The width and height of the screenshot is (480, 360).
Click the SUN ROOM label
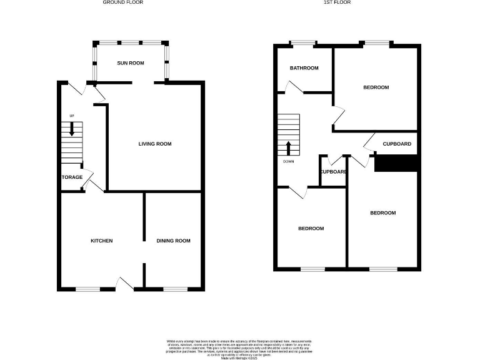pos(131,63)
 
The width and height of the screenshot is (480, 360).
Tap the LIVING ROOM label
pos(155,144)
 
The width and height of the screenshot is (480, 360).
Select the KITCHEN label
pos(102,241)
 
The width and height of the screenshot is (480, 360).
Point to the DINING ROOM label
pos(174,241)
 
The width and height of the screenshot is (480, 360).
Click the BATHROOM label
pos(304,68)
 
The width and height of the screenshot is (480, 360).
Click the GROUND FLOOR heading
pos(123,2)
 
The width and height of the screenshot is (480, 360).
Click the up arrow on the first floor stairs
pos(289,149)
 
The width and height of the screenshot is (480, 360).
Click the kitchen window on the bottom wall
pos(88,289)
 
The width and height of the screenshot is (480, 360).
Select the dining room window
pos(176,289)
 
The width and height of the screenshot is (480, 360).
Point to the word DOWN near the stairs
pos(288,161)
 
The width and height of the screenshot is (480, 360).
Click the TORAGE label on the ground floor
pos(72,177)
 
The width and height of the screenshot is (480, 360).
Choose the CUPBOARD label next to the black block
pos(396,144)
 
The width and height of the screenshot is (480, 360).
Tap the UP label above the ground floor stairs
pos(72,116)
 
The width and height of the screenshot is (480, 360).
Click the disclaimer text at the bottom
pos(240,347)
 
